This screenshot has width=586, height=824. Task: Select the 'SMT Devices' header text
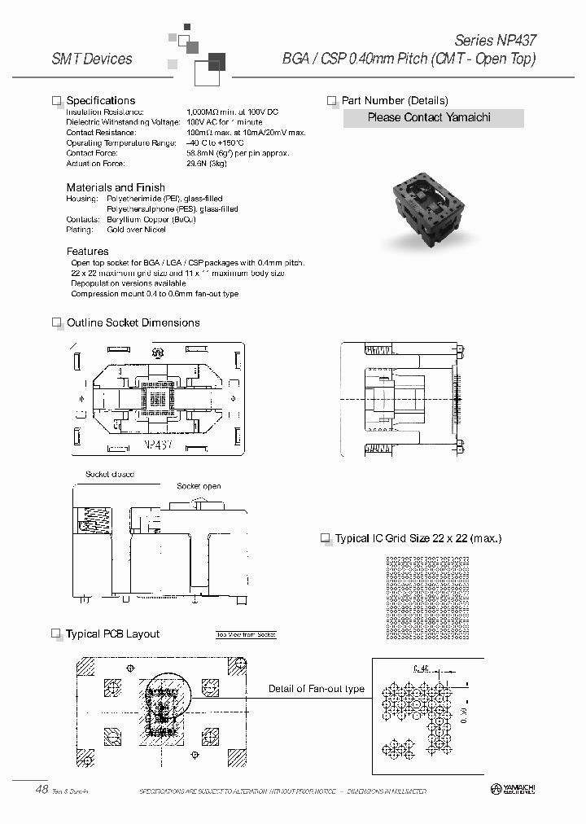(91, 59)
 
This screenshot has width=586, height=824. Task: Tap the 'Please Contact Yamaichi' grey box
(428, 118)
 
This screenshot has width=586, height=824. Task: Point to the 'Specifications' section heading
(100, 100)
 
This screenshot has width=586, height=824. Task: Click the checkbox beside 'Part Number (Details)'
(332, 101)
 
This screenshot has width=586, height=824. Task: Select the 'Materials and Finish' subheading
(116, 187)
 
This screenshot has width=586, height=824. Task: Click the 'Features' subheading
(87, 252)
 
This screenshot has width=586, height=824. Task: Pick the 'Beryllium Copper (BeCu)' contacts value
(147, 220)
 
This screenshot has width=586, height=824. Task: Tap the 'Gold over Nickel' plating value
(136, 230)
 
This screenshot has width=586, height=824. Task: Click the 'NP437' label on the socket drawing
(156, 446)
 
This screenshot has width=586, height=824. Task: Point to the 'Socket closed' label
(109, 474)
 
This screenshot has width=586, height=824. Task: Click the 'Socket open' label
(199, 486)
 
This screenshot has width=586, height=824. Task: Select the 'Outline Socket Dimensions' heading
(133, 322)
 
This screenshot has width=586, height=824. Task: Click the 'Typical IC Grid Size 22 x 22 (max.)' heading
(418, 539)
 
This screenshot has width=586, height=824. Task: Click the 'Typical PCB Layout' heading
(112, 634)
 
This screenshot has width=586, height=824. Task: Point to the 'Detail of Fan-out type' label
(317, 689)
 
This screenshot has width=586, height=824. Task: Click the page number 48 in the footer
(42, 789)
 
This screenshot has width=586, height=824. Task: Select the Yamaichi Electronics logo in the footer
(513, 790)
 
